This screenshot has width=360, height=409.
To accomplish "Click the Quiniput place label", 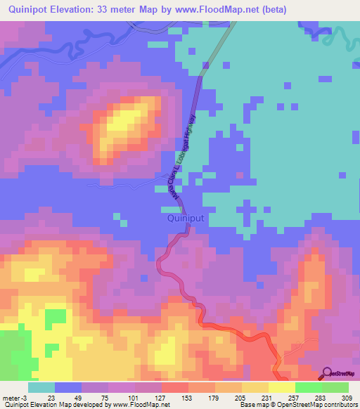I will coord(186,219).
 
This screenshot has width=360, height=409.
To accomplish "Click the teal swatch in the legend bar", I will coord(41,388).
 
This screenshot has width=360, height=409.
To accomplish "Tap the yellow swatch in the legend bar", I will coord(282,388).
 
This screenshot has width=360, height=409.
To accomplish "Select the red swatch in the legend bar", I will coord(175,388).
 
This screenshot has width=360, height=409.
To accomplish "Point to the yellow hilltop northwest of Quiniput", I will coord(127,123).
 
